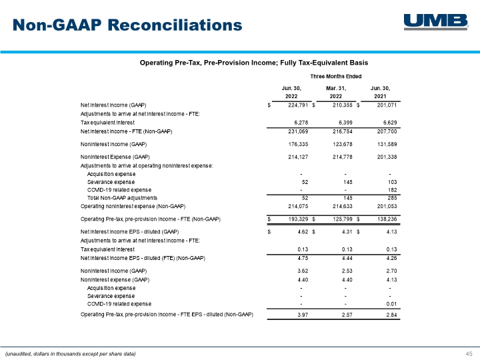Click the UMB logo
point(436,22)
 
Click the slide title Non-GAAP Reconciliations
point(127,25)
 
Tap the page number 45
point(469,353)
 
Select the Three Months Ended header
point(336,76)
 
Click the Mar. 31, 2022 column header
point(336,92)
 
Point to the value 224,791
point(298,105)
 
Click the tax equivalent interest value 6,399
point(345,123)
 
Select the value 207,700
point(387,131)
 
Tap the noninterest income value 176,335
point(298,144)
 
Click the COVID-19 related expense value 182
point(392,190)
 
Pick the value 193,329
point(298,219)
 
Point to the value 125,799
point(343,219)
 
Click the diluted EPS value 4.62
point(303,232)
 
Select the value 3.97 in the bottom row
point(303,315)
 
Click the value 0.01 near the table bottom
point(391,304)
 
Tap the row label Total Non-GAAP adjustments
point(122,198)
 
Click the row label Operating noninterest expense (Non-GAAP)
point(133,206)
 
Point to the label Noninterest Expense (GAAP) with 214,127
point(115,157)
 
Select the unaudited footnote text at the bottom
point(71,354)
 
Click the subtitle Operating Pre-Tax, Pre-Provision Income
point(254,63)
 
